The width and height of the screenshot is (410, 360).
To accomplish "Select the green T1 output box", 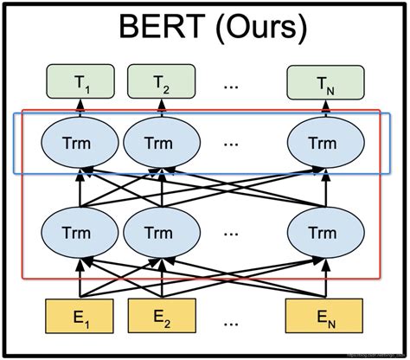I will coord(81,83).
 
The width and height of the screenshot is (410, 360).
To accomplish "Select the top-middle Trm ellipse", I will coord(159,141).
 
